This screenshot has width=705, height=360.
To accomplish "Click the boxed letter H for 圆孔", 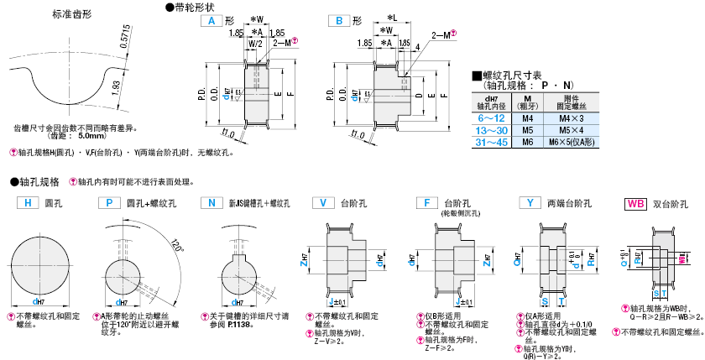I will coord(28,202).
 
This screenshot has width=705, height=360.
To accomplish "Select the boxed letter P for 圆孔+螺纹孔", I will coord(109,202).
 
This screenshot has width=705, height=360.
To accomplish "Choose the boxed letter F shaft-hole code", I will coord(426,202).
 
